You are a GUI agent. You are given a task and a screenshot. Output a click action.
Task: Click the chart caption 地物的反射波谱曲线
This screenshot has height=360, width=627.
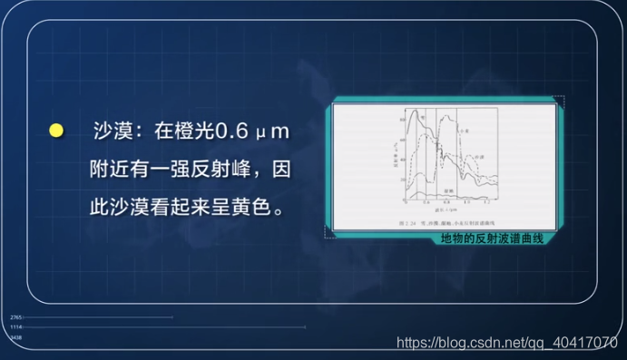click(x=491, y=238)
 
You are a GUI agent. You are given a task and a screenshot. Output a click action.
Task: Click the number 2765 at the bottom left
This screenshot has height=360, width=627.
click(x=15, y=317)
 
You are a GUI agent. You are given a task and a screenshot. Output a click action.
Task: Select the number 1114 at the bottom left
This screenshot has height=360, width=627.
click(x=15, y=327)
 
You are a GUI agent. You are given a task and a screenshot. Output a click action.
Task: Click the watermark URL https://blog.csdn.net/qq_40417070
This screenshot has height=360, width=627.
click(x=507, y=343)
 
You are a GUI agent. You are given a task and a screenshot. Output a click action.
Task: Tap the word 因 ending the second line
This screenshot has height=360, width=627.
click(x=281, y=170)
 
